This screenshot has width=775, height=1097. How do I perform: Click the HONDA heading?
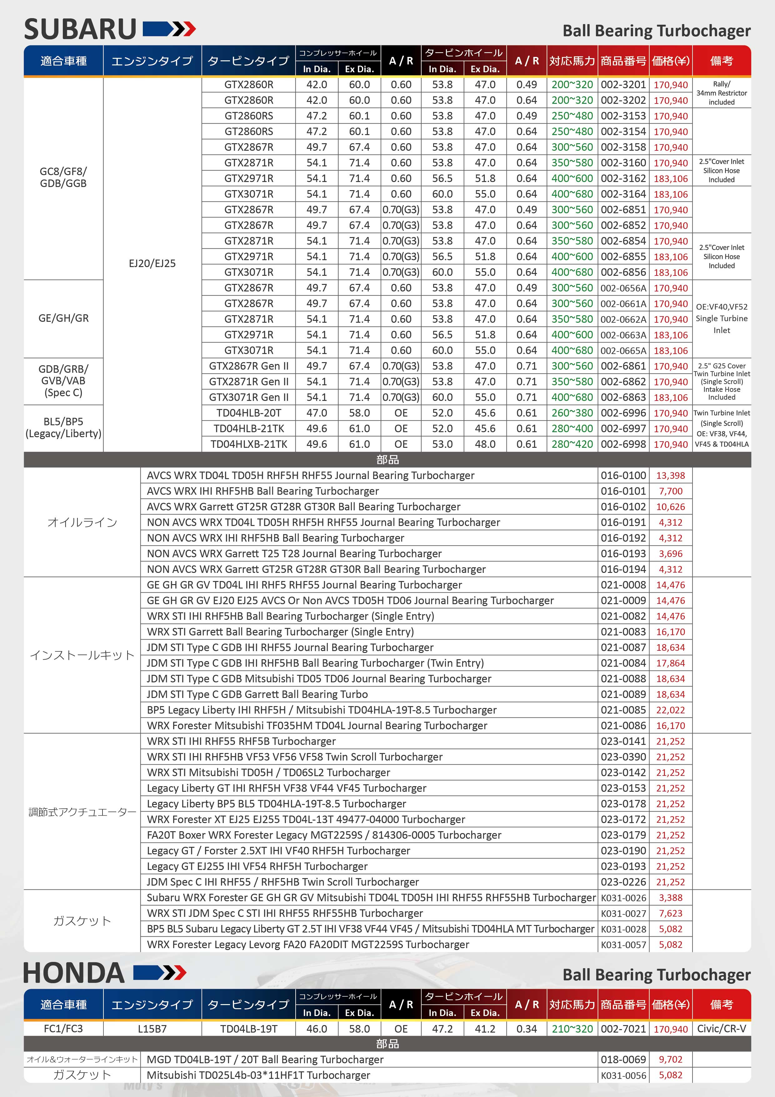point(74,973)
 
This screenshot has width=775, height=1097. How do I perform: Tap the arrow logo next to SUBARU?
point(169,29)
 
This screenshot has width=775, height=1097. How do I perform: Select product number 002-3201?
point(623,84)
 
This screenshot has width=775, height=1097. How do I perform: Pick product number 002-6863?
point(623,397)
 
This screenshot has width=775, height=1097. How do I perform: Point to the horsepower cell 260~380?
point(572,413)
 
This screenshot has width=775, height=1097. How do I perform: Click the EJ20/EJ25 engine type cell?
point(152,263)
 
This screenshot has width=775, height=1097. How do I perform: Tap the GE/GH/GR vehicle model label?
point(63,318)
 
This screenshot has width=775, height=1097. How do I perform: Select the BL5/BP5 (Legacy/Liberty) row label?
point(63,427)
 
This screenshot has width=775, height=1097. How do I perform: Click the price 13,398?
point(670,475)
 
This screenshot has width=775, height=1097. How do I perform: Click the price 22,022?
point(670,710)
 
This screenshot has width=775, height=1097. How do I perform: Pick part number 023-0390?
point(623,757)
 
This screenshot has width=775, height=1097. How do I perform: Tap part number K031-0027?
point(623,913)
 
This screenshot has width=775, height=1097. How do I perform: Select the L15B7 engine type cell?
point(152,1029)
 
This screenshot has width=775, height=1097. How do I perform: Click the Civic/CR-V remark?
point(722,1029)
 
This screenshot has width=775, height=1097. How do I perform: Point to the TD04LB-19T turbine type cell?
point(249,1029)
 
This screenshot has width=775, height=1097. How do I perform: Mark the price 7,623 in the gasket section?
point(670,913)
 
